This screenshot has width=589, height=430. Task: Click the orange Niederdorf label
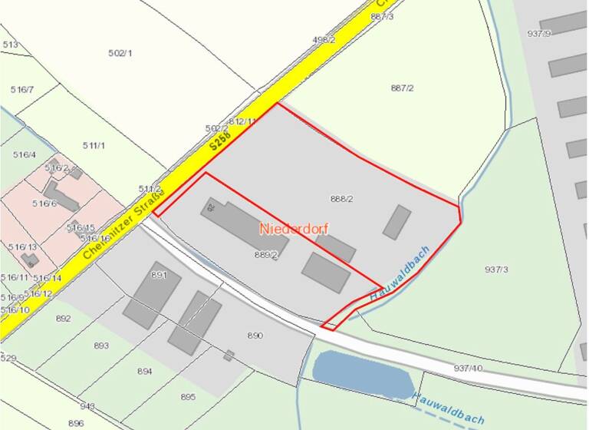tap(291, 228)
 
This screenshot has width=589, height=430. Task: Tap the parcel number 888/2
tap(341, 199)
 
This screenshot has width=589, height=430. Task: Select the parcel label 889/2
tap(265, 254)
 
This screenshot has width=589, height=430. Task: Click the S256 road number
tap(219, 142)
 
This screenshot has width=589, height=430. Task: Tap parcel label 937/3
tap(496, 269)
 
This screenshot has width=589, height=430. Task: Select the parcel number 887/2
tap(402, 88)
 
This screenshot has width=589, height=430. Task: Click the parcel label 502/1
tap(120, 53)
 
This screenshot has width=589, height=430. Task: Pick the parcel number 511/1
tap(94, 145)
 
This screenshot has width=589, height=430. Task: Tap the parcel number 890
tap(255, 336)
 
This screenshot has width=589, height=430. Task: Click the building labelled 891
tap(152, 294)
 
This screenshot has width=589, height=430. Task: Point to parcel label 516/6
tap(44, 203)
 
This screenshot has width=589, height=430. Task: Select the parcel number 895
tap(188, 396)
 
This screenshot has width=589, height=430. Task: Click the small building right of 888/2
tap(397, 222)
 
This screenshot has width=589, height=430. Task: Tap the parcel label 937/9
tap(539, 33)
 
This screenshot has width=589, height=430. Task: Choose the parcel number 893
tap(101, 346)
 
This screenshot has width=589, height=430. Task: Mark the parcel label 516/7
tap(22, 90)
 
